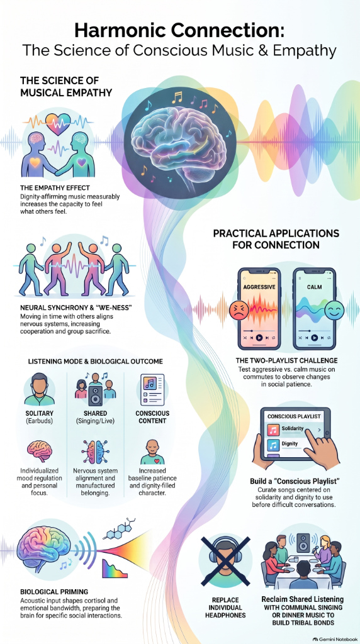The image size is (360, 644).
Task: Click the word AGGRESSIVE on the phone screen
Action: pos(259,287)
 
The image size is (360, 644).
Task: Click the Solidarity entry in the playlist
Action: pos(292,429)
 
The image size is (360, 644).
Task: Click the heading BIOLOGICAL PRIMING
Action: pos(54,592)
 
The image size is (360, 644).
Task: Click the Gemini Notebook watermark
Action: pos(335,639)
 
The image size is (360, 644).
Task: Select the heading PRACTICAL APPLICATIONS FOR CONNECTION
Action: pos(276,239)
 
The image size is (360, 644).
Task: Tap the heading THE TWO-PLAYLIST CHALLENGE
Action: pos(286,360)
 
